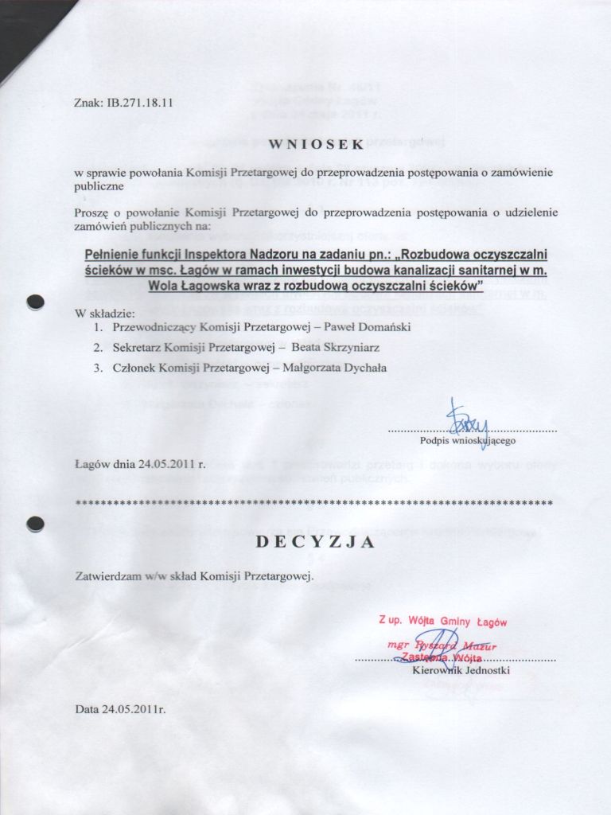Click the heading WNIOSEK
coord(315,144)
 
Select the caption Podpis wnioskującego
coord(468,439)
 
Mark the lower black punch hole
coord(34,523)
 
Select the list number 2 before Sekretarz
coord(96,347)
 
